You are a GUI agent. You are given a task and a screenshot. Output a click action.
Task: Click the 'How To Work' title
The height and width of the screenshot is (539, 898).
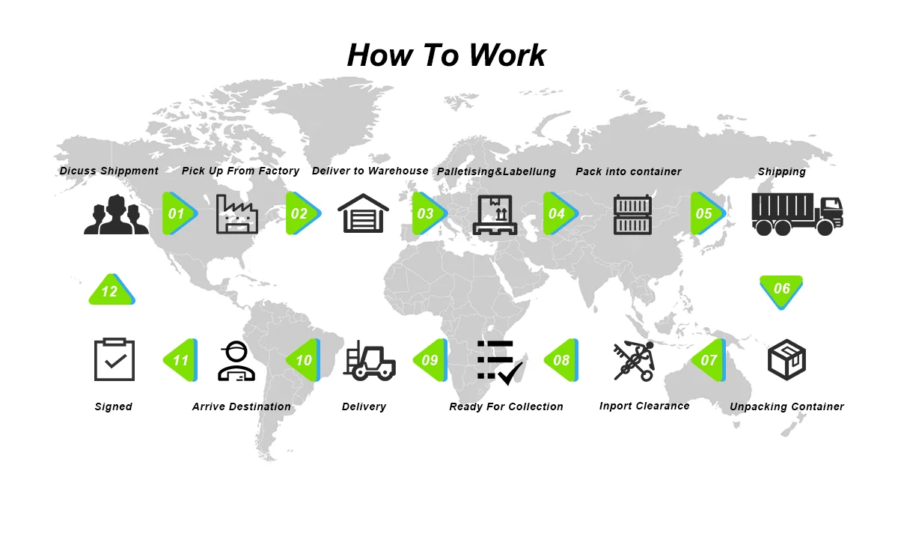[x=447, y=55]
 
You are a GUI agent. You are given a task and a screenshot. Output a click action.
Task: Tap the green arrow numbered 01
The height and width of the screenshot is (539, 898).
[x=178, y=213]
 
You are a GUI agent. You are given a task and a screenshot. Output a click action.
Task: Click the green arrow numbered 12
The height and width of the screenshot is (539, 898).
[x=111, y=290]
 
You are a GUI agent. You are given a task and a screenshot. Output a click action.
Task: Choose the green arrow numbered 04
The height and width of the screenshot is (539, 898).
[x=558, y=213]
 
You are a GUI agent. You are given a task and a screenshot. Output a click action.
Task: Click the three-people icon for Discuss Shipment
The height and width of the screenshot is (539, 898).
[x=116, y=214]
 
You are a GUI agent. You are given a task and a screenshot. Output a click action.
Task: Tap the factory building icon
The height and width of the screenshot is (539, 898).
[x=236, y=214]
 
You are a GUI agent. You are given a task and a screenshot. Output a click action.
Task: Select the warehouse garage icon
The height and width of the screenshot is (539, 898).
[x=363, y=214]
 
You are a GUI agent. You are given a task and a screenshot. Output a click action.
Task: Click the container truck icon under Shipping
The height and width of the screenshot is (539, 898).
[x=797, y=214]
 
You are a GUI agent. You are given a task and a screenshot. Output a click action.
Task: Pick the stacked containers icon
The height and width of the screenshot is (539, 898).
[x=632, y=214]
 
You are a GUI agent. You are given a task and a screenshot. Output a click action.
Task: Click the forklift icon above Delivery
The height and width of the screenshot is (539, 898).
[x=369, y=361]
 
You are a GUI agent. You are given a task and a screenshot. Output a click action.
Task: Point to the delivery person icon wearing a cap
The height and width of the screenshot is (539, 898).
[x=236, y=361]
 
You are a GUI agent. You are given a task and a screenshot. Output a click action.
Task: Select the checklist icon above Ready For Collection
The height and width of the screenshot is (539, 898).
[x=499, y=362]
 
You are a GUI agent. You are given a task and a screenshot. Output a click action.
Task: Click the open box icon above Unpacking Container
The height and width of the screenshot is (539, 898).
[x=786, y=359]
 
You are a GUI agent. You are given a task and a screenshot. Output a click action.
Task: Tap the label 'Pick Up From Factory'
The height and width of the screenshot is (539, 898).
[x=240, y=171]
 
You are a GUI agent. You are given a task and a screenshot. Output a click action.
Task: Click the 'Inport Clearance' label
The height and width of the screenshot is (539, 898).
[x=644, y=406]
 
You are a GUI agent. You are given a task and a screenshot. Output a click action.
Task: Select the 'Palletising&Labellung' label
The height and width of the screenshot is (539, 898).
[x=496, y=171]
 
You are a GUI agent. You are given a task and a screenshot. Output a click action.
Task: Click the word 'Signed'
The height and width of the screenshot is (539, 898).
[x=113, y=406]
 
